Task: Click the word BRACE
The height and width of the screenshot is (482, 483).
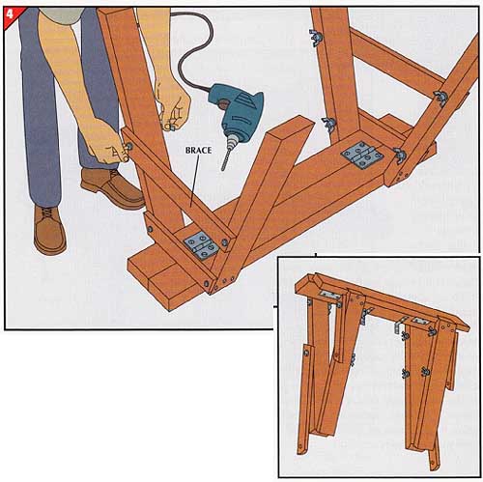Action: pos(198,151)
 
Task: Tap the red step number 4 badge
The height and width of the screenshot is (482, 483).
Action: pos(12,14)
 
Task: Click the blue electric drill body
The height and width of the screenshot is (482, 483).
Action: pos(236,111)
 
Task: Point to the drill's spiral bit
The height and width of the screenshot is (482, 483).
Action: pos(226,157)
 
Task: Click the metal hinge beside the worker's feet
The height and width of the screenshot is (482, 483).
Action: pos(202,245)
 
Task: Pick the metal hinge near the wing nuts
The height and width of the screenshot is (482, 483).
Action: pos(362,156)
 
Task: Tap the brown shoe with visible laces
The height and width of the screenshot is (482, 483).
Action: pos(49,229)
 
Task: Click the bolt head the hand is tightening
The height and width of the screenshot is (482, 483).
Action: pos(129,147)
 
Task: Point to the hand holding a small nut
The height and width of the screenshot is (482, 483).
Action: pos(172,106)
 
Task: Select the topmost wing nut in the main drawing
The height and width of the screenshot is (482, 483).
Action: pos(316,36)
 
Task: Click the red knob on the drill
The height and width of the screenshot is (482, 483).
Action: pos(223,103)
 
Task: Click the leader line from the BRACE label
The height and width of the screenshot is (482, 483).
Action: pos(195,180)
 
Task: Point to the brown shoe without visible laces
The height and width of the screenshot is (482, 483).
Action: pos(113,188)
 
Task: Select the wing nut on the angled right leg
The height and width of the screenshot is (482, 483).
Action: pos(440,98)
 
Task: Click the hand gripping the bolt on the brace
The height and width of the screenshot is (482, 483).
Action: pos(104,142)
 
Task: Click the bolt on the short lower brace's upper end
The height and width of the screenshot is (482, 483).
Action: pos(150,229)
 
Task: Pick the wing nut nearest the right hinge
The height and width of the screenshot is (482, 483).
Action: pos(399,155)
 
